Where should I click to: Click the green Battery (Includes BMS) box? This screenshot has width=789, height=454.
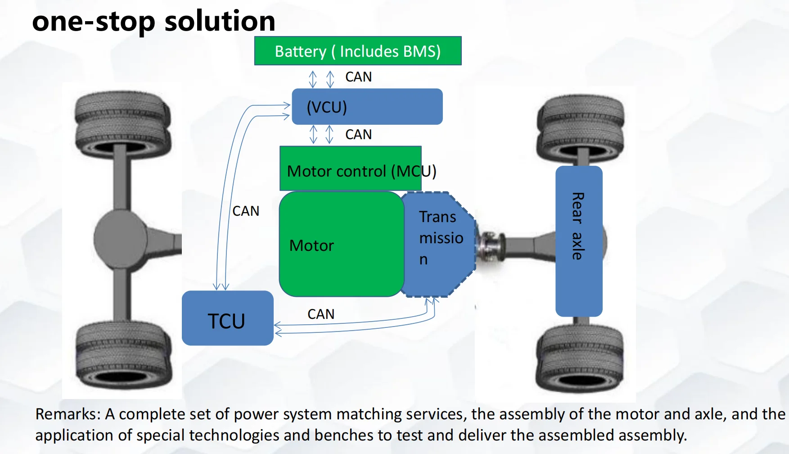click(358, 51)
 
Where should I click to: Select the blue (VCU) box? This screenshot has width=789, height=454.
click(367, 107)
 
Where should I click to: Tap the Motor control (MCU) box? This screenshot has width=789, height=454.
click(350, 168)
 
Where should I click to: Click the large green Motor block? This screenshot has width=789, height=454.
click(341, 244)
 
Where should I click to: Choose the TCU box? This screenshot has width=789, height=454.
click(227, 318)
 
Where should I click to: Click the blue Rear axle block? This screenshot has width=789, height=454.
click(579, 241)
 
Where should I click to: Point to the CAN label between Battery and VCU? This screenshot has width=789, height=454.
click(358, 77)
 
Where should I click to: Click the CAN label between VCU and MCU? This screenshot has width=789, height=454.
click(358, 135)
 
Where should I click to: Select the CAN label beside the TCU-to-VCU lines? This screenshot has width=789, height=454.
click(246, 211)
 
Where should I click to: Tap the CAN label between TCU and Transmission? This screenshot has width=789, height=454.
click(321, 314)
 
